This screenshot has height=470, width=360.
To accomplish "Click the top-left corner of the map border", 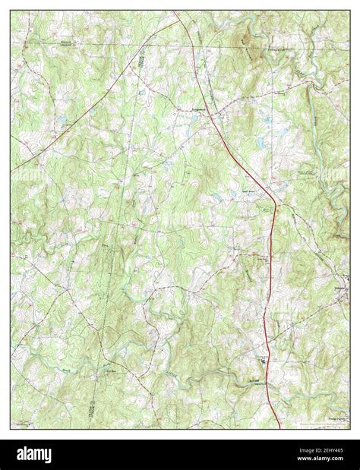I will (x=11, y=11).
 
